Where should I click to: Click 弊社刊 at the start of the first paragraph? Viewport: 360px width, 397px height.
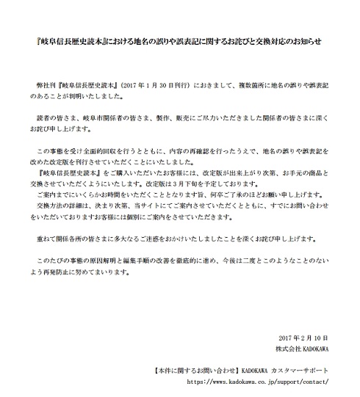[x=46, y=86]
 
